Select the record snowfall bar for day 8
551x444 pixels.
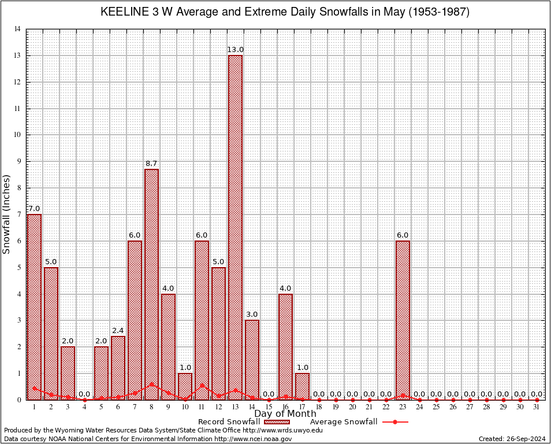click(151, 284)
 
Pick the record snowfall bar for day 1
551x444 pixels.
click(34, 306)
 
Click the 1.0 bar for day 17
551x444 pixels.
click(302, 386)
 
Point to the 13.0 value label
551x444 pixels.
click(235, 50)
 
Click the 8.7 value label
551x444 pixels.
click(151, 164)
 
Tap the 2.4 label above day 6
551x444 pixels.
click(118, 331)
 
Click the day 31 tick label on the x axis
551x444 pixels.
click(537, 407)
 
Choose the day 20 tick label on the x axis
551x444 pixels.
click(352, 407)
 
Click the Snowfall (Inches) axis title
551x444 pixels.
click(7, 214)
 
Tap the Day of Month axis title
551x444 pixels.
click(285, 413)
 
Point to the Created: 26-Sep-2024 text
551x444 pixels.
click(512, 439)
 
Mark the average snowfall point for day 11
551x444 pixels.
click(202, 385)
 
